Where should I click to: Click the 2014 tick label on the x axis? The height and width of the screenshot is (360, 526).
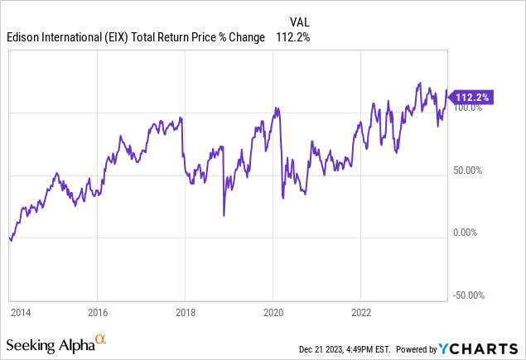(20, 314)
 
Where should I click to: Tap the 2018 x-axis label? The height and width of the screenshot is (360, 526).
(185, 314)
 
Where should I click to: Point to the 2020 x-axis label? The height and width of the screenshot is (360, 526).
(273, 314)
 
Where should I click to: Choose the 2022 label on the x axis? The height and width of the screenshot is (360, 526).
(360, 314)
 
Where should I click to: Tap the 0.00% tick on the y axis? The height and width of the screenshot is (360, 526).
(466, 233)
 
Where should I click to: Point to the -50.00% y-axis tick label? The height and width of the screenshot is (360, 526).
(469, 295)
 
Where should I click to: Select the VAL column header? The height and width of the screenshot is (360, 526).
(300, 22)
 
